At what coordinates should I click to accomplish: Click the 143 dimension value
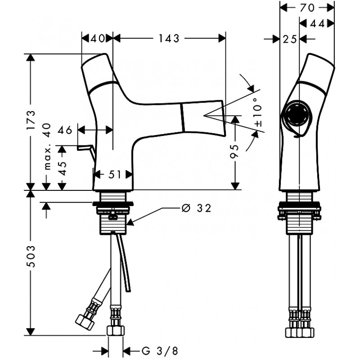(x=169, y=38)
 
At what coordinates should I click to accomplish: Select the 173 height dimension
(x=31, y=120)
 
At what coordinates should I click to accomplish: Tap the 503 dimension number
(x=31, y=256)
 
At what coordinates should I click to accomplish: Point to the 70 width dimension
(x=307, y=8)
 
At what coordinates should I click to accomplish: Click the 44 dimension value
(x=317, y=23)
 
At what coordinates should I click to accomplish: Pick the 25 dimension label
(x=289, y=39)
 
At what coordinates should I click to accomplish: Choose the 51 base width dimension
(x=114, y=175)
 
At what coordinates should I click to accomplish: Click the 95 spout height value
(x=234, y=151)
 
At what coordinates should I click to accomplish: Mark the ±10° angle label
(x=258, y=112)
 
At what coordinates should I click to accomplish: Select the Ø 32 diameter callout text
(x=196, y=208)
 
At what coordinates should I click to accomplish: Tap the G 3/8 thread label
(x=160, y=351)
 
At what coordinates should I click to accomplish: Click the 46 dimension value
(x=65, y=130)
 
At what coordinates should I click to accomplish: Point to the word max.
(x=47, y=158)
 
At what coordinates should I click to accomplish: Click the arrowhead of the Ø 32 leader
(x=130, y=222)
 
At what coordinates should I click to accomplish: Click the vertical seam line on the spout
(x=183, y=117)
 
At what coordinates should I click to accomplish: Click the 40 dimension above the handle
(x=97, y=38)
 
